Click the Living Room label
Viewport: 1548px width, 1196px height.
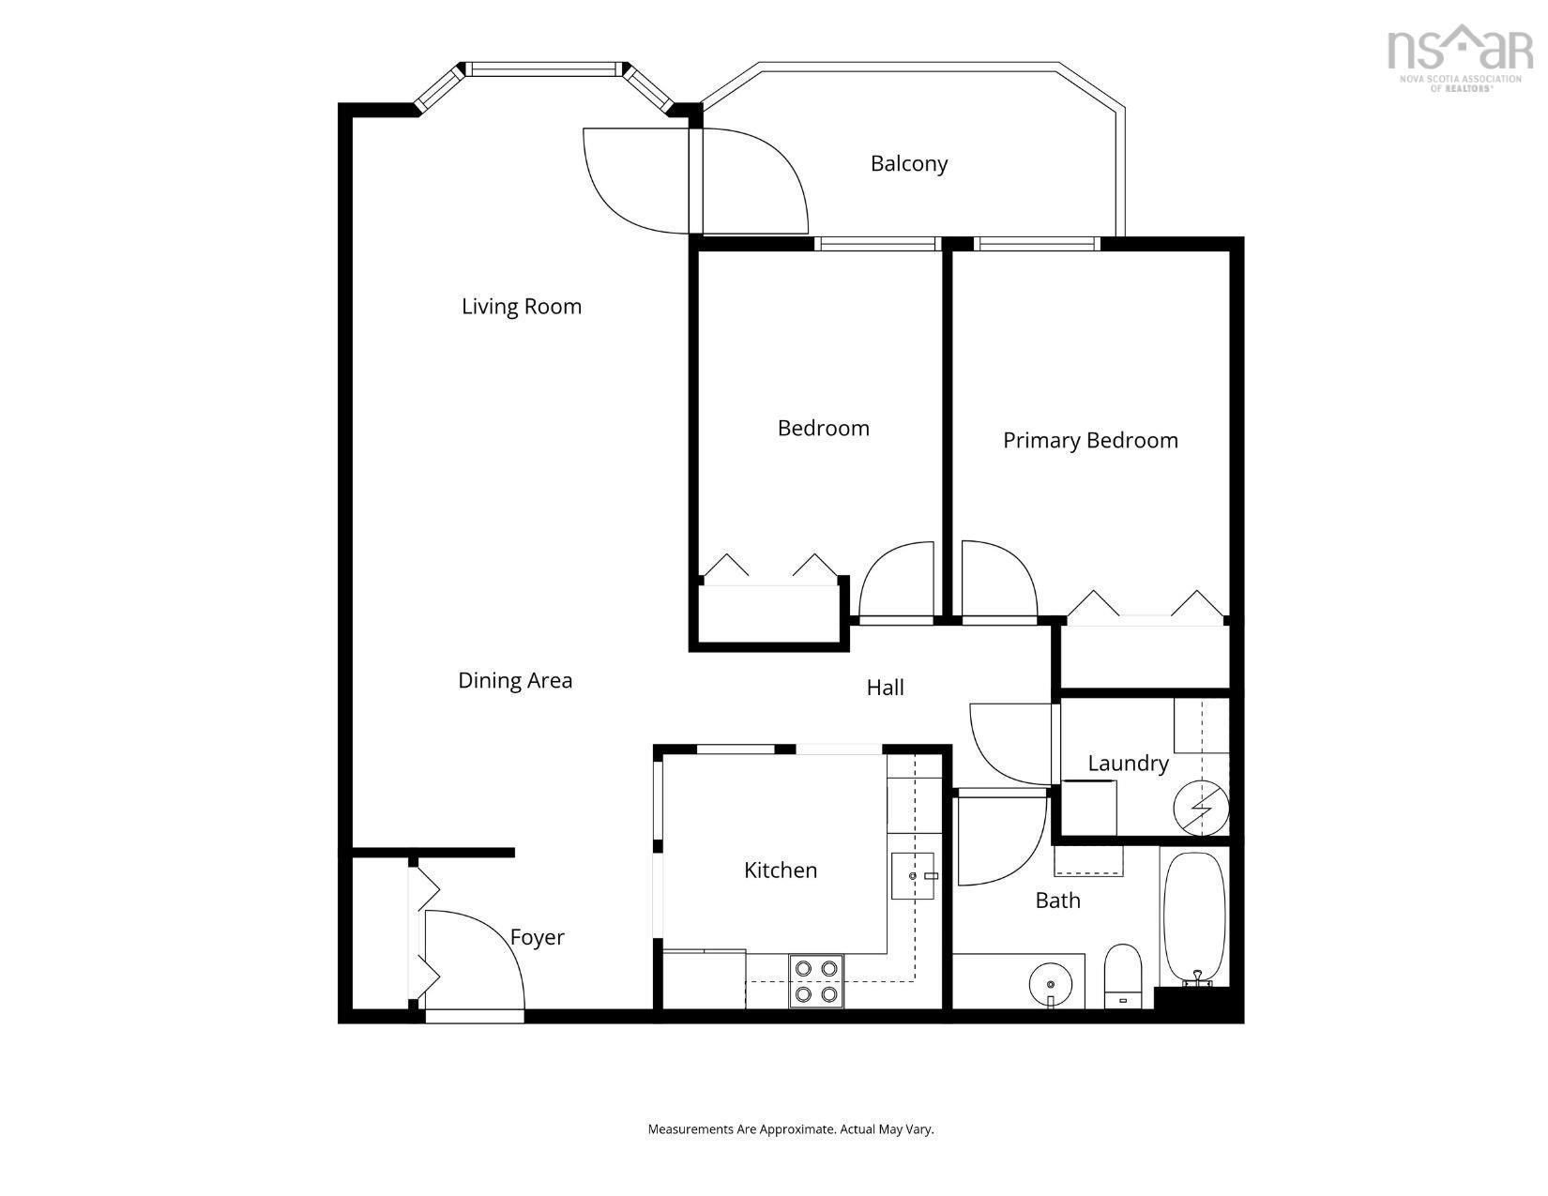pyautogui.click(x=522, y=307)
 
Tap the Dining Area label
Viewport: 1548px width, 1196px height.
pyautogui.click(x=515, y=680)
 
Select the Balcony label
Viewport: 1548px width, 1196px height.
pyautogui.click(x=909, y=164)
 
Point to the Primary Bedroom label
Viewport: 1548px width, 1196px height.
pyautogui.click(x=1090, y=440)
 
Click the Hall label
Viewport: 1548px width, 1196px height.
pyautogui.click(x=885, y=688)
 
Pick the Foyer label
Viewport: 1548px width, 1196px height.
pyautogui.click(x=538, y=937)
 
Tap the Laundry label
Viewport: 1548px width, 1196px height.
pyautogui.click(x=1128, y=764)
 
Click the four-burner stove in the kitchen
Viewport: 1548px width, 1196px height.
pyautogui.click(x=815, y=981)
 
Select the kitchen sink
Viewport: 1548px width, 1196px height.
pyautogui.click(x=913, y=875)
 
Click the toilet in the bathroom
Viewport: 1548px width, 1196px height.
pyautogui.click(x=1123, y=976)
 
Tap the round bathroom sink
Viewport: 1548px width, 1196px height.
pyautogui.click(x=1051, y=984)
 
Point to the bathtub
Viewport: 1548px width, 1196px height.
pyautogui.click(x=1194, y=919)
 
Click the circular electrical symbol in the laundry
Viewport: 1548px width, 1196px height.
pyautogui.click(x=1201, y=808)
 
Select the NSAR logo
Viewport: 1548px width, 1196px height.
pyautogui.click(x=1460, y=58)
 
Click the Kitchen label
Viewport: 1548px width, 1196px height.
pyautogui.click(x=780, y=871)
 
